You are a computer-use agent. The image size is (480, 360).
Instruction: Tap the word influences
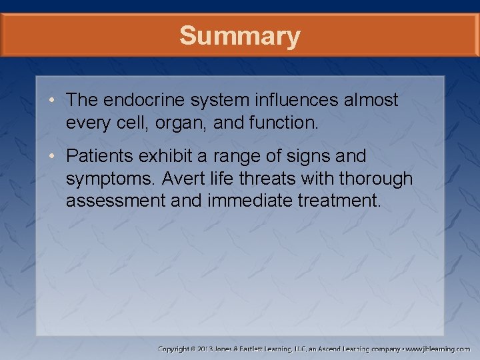tap(297, 101)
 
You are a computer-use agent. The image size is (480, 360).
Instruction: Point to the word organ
tap(175, 123)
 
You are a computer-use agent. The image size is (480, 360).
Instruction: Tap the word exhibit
tap(173, 157)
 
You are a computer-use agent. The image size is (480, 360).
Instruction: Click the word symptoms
tap(111, 179)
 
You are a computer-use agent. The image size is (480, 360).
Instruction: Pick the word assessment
tap(114, 201)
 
